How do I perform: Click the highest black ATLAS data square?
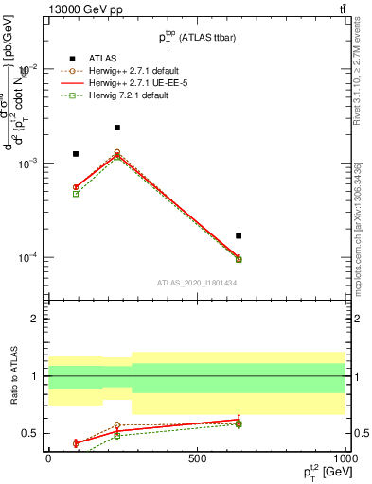[117, 128]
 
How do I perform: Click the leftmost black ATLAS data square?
[76, 153]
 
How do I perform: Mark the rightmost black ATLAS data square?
[239, 235]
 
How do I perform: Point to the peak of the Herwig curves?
[117, 153]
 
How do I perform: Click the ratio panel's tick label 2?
[34, 320]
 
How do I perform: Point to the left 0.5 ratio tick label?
[32, 433]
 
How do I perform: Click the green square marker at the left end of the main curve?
[76, 194]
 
